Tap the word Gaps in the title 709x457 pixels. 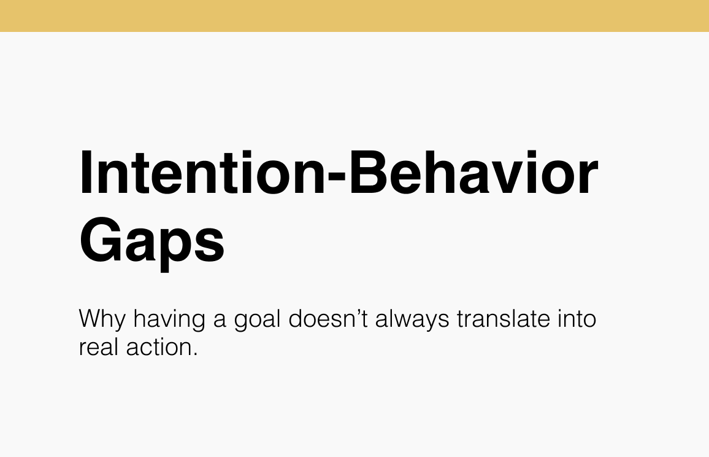[x=152, y=241]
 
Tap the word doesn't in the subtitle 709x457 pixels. [x=329, y=320]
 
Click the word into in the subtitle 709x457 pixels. [x=576, y=320]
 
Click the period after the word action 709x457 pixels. [x=196, y=355]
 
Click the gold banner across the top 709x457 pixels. [x=354, y=15]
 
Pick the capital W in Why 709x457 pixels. [x=91, y=320]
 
